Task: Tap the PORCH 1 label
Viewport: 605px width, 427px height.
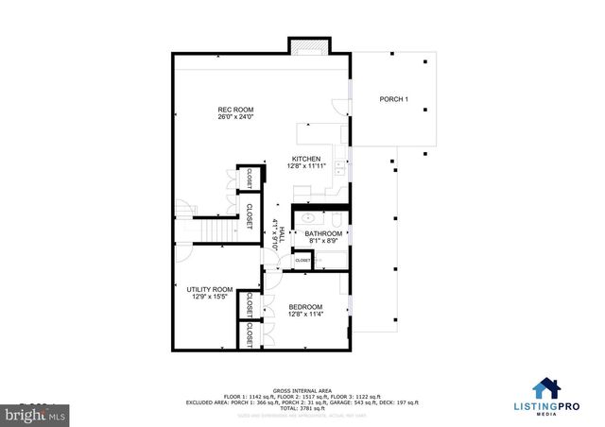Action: click(x=393, y=99)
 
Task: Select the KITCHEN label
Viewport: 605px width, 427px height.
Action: click(x=305, y=159)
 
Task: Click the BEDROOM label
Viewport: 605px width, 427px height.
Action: click(x=306, y=306)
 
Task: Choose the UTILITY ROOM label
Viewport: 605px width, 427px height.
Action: click(x=209, y=290)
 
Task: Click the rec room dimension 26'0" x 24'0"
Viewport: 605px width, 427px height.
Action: click(x=231, y=118)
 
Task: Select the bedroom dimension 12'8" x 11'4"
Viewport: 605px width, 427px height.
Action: click(x=306, y=314)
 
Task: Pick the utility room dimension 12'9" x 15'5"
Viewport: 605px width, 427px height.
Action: click(x=209, y=298)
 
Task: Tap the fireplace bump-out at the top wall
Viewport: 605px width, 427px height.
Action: click(x=307, y=45)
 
